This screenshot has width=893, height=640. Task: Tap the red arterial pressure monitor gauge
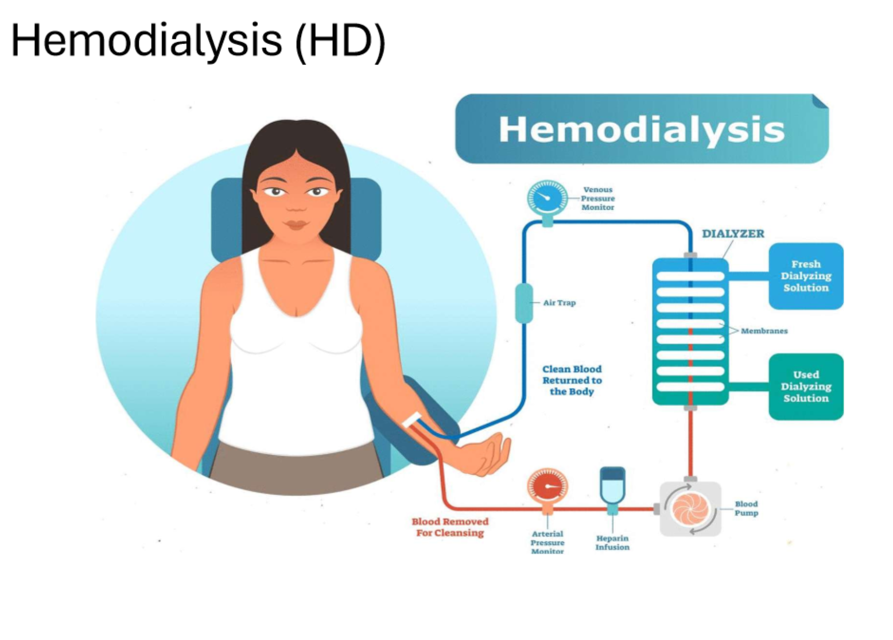pyautogui.click(x=547, y=486)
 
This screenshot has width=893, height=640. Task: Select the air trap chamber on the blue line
pyautogui.click(x=524, y=303)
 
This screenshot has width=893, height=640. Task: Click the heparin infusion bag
pyautogui.click(x=612, y=486)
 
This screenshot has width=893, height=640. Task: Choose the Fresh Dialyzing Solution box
pyautogui.click(x=806, y=276)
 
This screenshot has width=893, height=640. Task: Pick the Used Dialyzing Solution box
pyautogui.click(x=806, y=387)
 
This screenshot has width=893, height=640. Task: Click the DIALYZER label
pyautogui.click(x=733, y=234)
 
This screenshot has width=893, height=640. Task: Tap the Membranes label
pyautogui.click(x=764, y=331)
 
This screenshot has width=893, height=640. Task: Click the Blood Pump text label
pyautogui.click(x=746, y=508)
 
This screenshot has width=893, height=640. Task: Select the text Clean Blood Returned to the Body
pyautogui.click(x=572, y=380)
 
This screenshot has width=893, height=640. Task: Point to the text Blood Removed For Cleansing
pyautogui.click(x=450, y=527)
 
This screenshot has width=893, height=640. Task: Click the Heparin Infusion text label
pyautogui.click(x=612, y=543)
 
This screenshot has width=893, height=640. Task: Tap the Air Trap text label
pyautogui.click(x=559, y=303)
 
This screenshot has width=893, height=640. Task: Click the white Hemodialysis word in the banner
pyautogui.click(x=641, y=130)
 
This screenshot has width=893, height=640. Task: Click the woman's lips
pyautogui.click(x=296, y=224)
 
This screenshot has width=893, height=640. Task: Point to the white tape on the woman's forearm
pyautogui.click(x=412, y=419)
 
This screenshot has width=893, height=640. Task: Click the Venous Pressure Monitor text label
pyautogui.click(x=598, y=198)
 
